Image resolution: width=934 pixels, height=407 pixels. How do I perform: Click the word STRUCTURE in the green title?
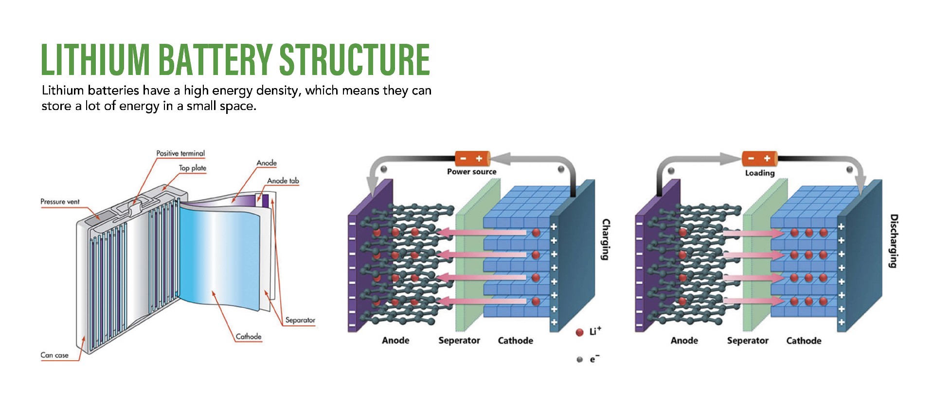coord(355,59)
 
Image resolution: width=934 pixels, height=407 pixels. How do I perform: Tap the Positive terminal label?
coord(180,153)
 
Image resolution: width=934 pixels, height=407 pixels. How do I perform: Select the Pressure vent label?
coord(60,202)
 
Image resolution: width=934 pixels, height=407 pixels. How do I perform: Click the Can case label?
coord(54,355)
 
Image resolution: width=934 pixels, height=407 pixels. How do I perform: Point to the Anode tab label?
coord(283,181)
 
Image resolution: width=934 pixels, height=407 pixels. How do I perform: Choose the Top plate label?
coord(193,168)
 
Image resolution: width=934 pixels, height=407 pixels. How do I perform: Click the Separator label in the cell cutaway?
coord(300,320)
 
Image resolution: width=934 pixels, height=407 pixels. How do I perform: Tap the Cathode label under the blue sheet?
coord(249,336)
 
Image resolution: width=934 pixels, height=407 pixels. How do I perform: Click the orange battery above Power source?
coord(471,159)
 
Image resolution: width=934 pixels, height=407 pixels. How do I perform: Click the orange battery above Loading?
coord(759,159)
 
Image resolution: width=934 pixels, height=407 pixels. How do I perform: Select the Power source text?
coord(471,172)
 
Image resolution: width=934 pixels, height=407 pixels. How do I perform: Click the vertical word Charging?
coord(606,239)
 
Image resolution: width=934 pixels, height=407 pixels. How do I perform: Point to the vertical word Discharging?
coord(893,240)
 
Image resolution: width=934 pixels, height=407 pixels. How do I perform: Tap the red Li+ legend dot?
coord(579,333)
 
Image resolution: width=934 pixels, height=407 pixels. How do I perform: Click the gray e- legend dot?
coord(579,360)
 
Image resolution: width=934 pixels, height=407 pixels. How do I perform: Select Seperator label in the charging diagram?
coord(459,341)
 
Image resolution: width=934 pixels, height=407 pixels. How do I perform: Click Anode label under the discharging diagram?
coord(684,341)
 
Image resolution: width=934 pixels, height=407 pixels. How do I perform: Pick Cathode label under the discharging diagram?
coord(804,341)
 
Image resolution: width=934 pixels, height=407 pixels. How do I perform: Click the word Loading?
coord(759,173)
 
